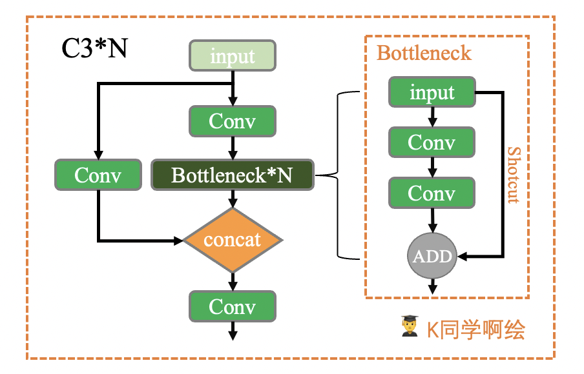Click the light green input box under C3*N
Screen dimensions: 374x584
point(233,56)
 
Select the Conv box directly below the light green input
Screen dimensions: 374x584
point(233,121)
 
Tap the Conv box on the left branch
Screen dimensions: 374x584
point(98,175)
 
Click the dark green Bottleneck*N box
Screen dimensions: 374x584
point(233,175)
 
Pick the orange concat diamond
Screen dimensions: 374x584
point(233,240)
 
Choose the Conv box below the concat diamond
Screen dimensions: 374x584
point(233,306)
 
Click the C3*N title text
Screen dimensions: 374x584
point(94,49)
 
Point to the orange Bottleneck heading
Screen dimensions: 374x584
point(424,53)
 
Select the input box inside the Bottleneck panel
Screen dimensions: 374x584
point(432,93)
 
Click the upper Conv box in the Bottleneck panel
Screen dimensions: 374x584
point(432,142)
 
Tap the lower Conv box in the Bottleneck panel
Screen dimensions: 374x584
point(432,193)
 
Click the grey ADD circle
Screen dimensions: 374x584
point(432,256)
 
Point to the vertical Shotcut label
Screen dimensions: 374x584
point(513,175)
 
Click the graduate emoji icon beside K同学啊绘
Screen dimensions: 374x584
point(409,328)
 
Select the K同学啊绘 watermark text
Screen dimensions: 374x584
point(475,330)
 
